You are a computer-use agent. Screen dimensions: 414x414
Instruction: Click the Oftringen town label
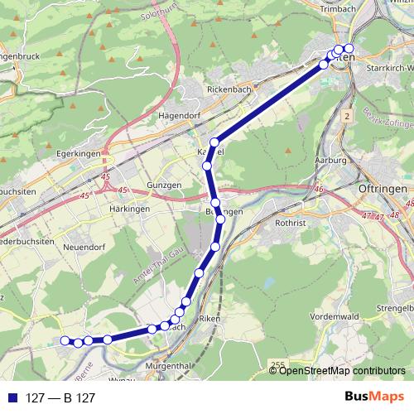383,189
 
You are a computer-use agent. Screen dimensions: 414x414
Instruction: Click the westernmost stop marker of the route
65,339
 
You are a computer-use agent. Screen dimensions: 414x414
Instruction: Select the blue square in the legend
12,397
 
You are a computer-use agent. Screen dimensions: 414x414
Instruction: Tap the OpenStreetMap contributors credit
343,371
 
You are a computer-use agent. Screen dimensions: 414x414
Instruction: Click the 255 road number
277,364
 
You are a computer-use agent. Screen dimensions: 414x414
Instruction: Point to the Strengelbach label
396,308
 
